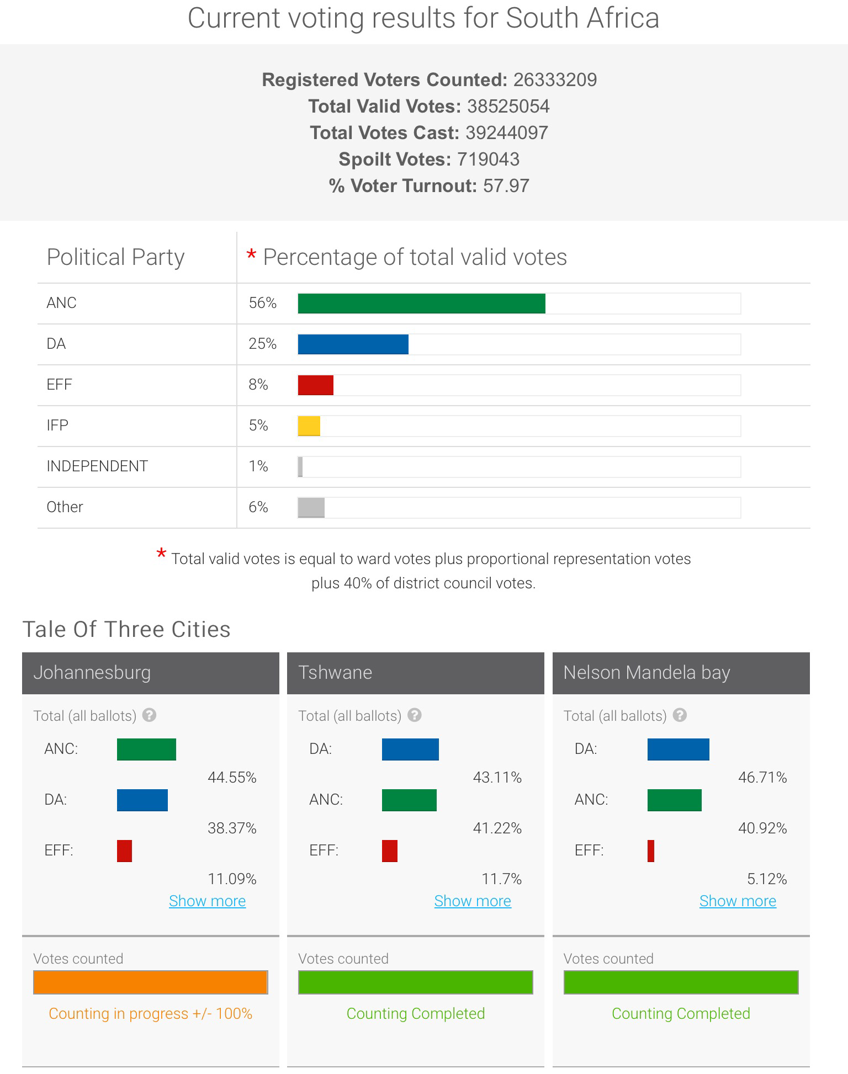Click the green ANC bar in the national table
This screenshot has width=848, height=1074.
point(421,304)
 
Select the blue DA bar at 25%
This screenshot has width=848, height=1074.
point(353,344)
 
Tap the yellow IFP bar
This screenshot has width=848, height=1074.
point(309,426)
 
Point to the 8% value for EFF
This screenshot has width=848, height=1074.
point(258,385)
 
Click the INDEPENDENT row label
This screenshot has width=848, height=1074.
point(97,466)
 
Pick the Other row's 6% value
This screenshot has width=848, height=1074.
point(258,507)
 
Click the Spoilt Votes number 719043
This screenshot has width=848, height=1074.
point(488,159)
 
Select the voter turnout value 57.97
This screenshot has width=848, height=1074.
point(506,186)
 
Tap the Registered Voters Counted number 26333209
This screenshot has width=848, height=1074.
point(555,80)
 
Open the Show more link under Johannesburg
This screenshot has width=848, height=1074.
point(207,901)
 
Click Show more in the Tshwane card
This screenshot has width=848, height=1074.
point(473,901)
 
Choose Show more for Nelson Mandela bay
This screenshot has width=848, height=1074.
point(738,901)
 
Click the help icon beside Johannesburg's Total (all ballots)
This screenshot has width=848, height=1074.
point(149,715)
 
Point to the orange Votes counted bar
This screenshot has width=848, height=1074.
point(150,982)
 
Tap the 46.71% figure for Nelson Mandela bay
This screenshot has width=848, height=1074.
point(762,778)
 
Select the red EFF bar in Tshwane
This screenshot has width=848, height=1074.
point(389,851)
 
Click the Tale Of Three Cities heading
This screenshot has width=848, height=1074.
point(126,630)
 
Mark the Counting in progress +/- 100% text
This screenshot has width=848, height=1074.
point(150,1014)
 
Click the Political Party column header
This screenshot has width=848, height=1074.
point(115,257)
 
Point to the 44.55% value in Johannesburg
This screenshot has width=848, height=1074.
point(232,778)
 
